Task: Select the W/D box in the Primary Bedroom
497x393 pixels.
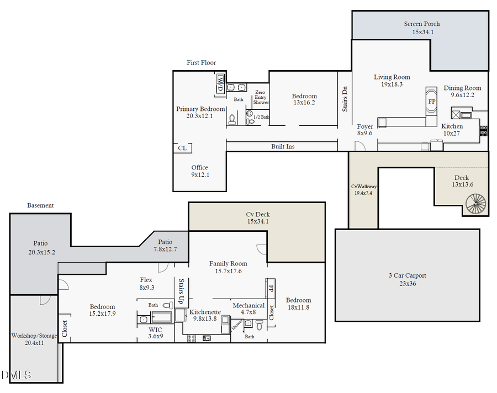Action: [220, 84]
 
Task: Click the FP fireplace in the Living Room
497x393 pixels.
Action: [431, 102]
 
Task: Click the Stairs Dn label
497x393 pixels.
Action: [345, 98]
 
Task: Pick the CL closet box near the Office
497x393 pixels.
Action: [182, 148]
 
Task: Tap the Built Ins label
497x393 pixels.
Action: [282, 147]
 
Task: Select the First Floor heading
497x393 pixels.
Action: [201, 63]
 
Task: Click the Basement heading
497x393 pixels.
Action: [40, 205]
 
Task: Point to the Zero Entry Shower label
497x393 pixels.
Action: [261, 97]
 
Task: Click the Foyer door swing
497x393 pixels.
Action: [359, 146]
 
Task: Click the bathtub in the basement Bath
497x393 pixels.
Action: [162, 317]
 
